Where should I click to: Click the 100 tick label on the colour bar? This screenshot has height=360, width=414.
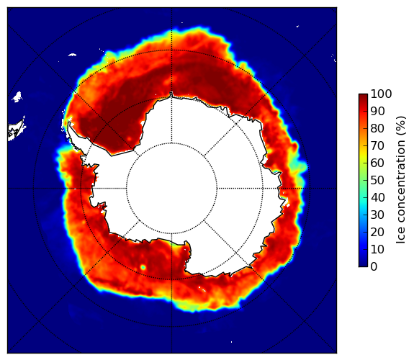[x=381, y=94]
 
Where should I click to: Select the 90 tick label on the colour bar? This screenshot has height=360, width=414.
[x=377, y=111]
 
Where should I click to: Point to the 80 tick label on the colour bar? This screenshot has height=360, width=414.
[x=377, y=128]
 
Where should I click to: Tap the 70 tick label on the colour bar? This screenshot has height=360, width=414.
[x=377, y=145]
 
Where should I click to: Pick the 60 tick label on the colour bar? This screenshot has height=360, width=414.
[x=377, y=163]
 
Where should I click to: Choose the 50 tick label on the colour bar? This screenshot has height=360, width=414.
[x=377, y=181]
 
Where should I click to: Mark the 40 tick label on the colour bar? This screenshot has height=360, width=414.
[x=377, y=197]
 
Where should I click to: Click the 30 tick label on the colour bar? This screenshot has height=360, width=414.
[x=377, y=215]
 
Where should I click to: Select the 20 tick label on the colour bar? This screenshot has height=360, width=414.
[x=377, y=232]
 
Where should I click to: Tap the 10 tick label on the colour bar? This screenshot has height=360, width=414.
[x=377, y=249]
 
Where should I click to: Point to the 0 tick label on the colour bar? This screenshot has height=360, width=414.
[x=374, y=267]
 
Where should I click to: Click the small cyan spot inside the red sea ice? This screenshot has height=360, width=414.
[x=143, y=267]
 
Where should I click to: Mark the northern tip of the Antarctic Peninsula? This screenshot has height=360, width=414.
[x=69, y=123]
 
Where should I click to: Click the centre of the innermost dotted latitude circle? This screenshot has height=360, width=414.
[x=171, y=188]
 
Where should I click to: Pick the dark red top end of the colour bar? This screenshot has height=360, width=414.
[x=363, y=96]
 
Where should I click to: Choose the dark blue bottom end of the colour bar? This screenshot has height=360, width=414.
[x=363, y=265]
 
